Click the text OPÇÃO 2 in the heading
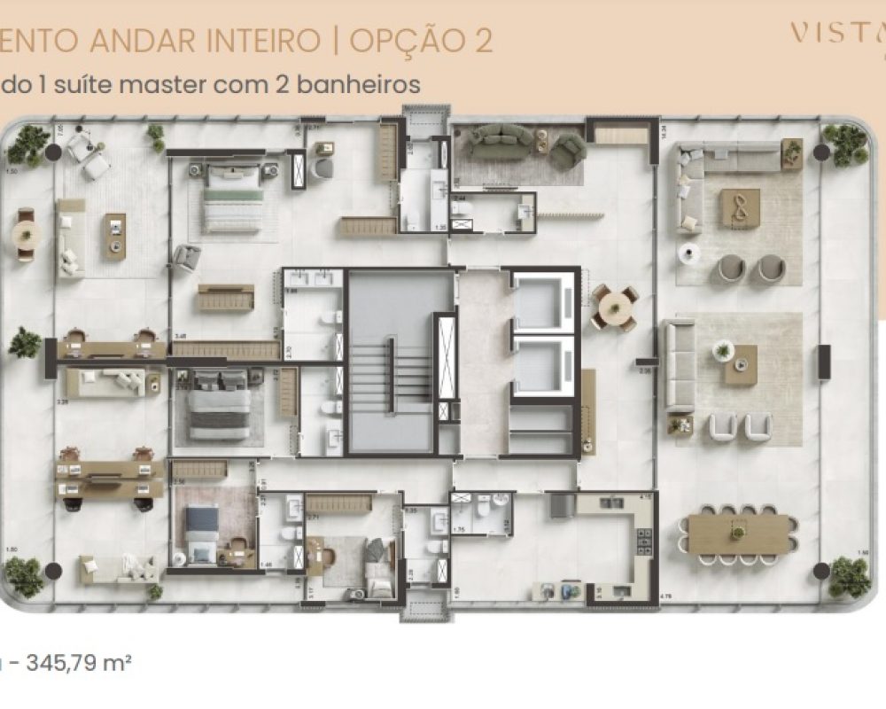422,41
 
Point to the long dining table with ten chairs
737,534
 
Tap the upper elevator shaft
544,301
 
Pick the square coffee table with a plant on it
741,364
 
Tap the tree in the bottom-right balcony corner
849,576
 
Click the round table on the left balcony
26,236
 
